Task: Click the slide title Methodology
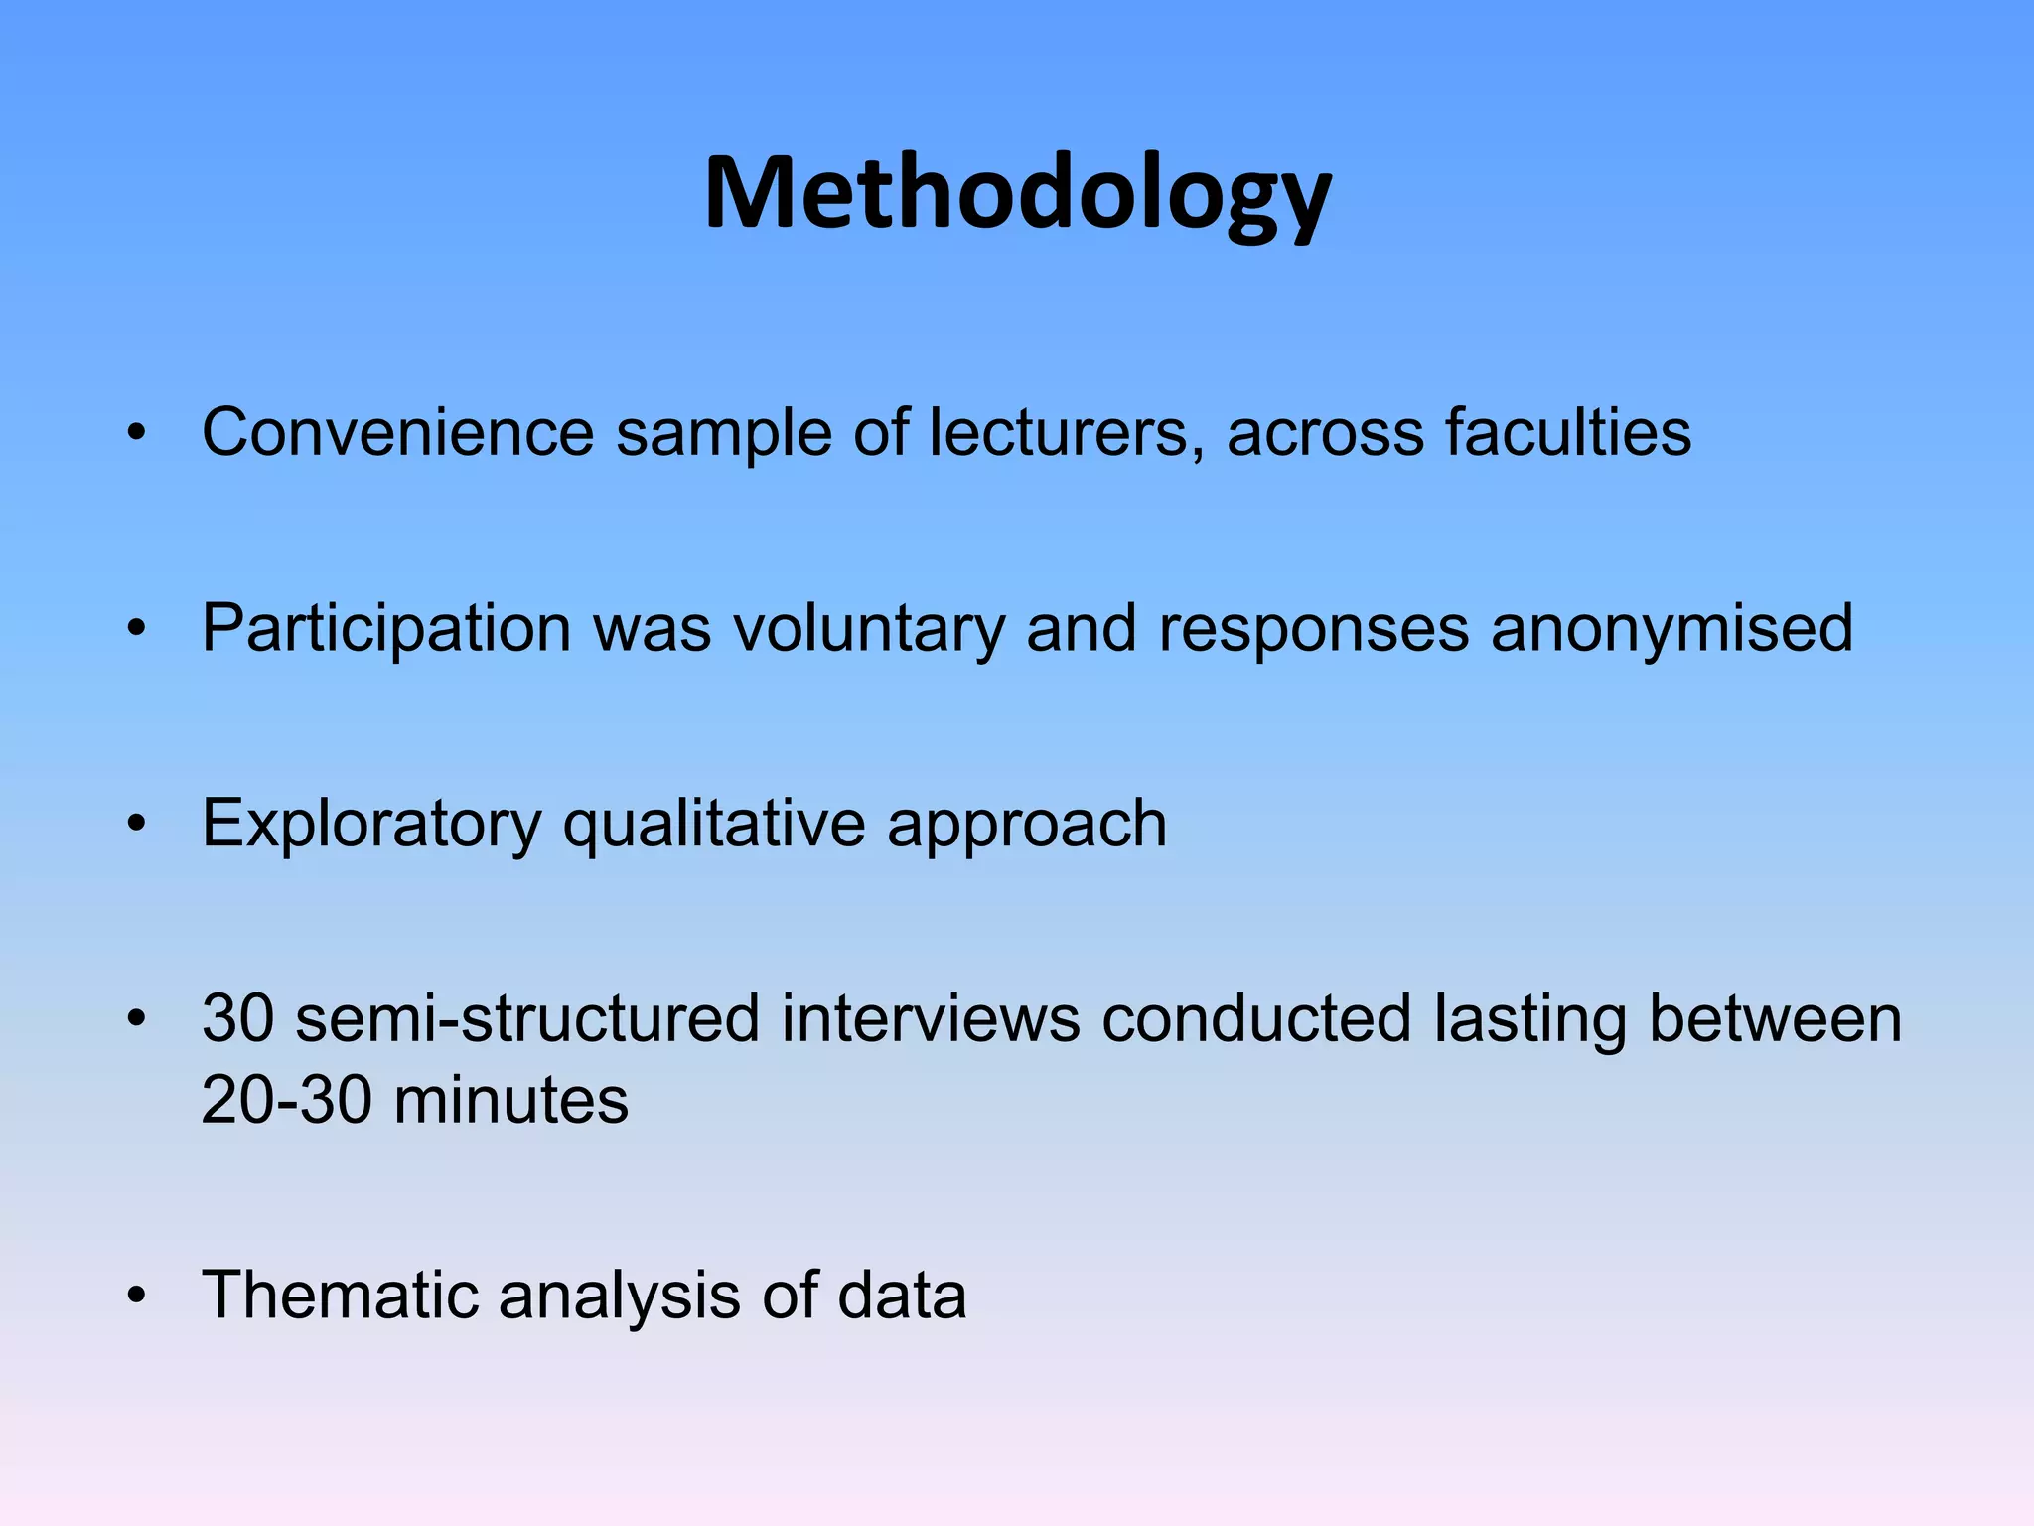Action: click(x=1017, y=194)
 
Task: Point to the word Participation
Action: click(x=386, y=628)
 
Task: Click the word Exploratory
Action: click(x=370, y=824)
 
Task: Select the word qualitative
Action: click(x=714, y=824)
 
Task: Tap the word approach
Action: click(x=1027, y=824)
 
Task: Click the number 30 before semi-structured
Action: click(x=237, y=1019)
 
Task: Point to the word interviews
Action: click(x=930, y=1019)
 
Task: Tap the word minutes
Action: click(x=511, y=1101)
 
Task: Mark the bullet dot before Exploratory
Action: click(x=137, y=824)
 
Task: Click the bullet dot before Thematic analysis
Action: click(x=137, y=1296)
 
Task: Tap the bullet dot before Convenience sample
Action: click(x=137, y=433)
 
